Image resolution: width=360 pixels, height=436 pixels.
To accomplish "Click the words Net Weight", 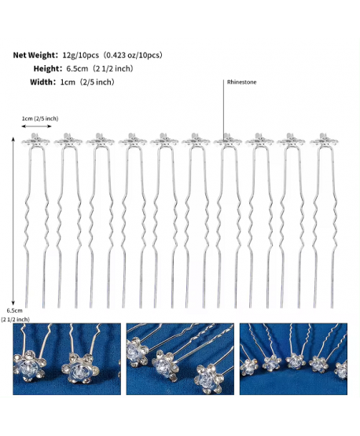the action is [x=35, y=55].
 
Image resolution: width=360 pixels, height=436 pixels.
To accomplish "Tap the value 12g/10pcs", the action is [x=81, y=55].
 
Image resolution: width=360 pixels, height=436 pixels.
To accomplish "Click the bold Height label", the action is [x=46, y=68].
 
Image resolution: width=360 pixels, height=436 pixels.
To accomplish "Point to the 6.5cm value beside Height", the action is [x=77, y=68].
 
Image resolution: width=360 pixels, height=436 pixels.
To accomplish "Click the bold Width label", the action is [x=42, y=82].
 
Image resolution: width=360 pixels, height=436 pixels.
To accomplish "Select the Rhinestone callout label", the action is [x=242, y=82].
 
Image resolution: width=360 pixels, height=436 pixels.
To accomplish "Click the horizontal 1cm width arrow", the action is [x=37, y=126].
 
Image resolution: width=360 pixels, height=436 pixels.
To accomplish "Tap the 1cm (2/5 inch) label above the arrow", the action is [x=40, y=119].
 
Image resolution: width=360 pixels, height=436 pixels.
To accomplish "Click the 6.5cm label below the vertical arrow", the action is [x=14, y=310].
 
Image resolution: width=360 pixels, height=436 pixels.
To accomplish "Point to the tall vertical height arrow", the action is [x=13, y=221].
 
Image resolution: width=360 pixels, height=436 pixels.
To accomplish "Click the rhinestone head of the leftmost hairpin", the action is [x=35, y=139].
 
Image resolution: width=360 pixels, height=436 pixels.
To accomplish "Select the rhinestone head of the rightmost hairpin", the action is [x=324, y=139].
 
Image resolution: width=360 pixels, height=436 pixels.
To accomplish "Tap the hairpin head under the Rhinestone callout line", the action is [x=228, y=139].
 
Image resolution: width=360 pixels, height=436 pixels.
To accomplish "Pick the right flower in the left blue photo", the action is [x=79, y=368].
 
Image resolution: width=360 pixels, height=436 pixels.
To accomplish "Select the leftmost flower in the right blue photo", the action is [x=249, y=367].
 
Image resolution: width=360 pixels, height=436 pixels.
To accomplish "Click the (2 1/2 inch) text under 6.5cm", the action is [x=15, y=320].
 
